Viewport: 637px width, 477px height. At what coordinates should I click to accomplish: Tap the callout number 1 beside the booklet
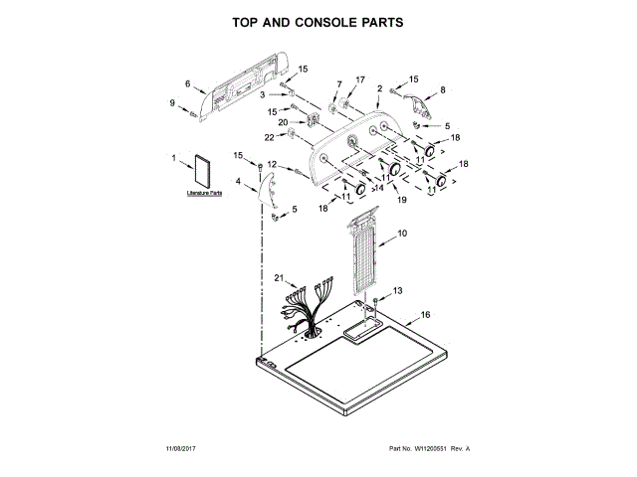pyautogui.click(x=174, y=158)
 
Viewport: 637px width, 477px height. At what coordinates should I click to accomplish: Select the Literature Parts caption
pyautogui.click(x=203, y=194)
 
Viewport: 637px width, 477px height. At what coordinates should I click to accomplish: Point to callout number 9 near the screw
pyautogui.click(x=171, y=103)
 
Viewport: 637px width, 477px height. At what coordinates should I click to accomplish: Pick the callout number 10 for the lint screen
pyautogui.click(x=403, y=234)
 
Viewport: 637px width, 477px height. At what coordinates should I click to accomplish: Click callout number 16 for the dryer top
pyautogui.click(x=425, y=314)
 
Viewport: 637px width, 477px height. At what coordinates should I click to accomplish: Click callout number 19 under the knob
pyautogui.click(x=403, y=200)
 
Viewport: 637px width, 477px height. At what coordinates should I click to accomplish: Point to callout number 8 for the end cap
pyautogui.click(x=443, y=88)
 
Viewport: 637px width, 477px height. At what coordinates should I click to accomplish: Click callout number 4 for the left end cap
pyautogui.click(x=239, y=181)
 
